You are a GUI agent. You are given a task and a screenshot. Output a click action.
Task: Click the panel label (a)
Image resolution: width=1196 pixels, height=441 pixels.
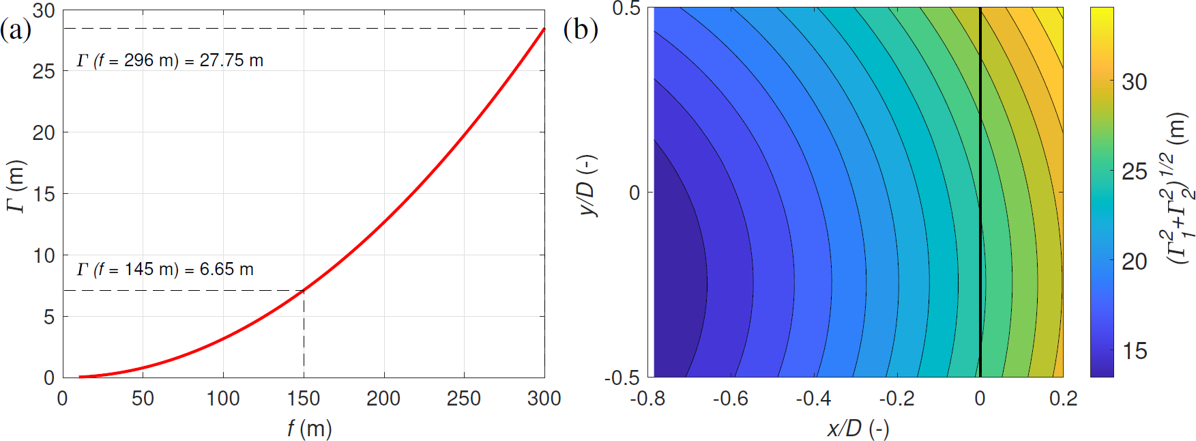16,30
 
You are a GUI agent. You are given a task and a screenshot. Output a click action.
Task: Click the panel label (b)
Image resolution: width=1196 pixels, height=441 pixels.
581,30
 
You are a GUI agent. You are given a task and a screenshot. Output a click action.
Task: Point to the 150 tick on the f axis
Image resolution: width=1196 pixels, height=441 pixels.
304,398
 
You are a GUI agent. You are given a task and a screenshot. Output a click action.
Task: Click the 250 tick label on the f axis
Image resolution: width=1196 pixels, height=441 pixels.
464,398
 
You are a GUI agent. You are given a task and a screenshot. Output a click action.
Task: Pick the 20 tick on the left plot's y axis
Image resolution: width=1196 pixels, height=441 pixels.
44,132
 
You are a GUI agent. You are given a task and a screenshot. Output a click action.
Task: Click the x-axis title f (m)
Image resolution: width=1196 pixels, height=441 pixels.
309,429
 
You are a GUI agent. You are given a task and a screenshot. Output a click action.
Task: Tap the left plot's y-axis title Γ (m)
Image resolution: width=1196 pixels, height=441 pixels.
16,186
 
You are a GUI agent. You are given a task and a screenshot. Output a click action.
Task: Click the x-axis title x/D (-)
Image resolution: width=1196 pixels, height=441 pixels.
858,429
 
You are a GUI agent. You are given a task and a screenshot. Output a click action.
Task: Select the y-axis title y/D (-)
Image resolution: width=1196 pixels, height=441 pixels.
587,185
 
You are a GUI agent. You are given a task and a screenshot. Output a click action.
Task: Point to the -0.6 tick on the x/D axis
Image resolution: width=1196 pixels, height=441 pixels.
730,398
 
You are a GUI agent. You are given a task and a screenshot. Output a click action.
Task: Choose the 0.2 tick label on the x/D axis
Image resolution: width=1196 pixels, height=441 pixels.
1063,398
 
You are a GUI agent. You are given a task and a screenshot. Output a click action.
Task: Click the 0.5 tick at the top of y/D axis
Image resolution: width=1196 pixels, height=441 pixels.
626,9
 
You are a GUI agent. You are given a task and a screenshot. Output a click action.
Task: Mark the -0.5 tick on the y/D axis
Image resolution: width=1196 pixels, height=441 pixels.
622,378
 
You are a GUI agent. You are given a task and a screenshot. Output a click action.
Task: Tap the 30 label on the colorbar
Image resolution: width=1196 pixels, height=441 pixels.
1135,82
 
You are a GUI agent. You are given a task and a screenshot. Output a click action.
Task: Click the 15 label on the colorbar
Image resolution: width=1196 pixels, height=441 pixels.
1135,351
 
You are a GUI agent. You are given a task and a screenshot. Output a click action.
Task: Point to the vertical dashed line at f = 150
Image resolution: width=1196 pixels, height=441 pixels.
304,335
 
